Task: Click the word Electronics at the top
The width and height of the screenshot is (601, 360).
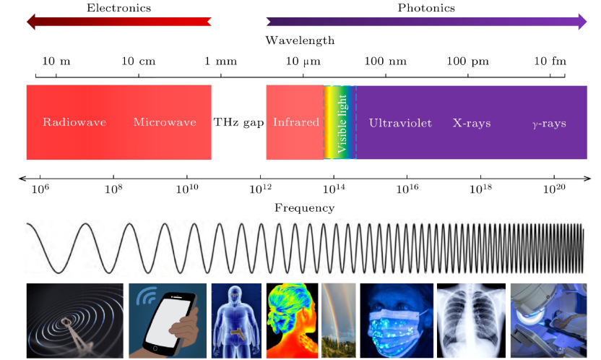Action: [x=118, y=8]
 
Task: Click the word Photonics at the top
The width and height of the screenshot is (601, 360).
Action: [x=426, y=8]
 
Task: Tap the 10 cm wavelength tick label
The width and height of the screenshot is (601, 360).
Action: [x=138, y=61]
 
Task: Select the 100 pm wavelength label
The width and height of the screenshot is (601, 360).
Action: [x=467, y=61]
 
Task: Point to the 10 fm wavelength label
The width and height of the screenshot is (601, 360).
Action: [x=550, y=61]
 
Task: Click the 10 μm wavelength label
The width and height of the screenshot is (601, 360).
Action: [x=303, y=61]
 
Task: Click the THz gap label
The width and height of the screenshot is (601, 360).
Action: [x=238, y=123]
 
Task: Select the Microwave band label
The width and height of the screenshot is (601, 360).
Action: [x=165, y=123]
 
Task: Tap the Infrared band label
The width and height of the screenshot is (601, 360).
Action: [x=296, y=123]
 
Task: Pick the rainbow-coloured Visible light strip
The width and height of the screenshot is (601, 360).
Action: [x=340, y=123]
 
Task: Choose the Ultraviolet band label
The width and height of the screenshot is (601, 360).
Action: [x=400, y=124]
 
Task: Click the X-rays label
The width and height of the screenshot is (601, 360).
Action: [x=472, y=124]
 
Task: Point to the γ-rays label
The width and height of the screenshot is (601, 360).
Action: [x=549, y=124]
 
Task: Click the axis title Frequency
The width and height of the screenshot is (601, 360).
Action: [x=304, y=208]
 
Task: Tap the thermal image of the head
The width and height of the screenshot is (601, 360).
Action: [x=292, y=320]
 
